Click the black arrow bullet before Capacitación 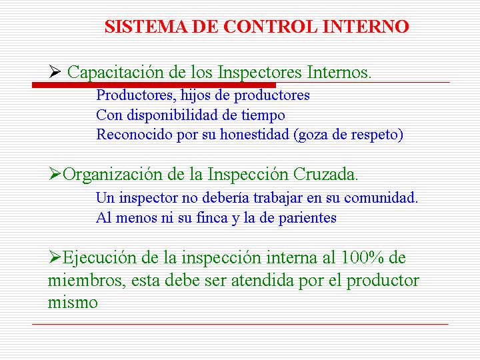55,71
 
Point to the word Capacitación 115,73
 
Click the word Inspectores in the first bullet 259,73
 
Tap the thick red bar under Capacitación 154,85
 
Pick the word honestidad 255,134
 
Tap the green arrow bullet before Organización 55,174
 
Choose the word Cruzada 325,174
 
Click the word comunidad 381,197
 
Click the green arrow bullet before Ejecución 55,257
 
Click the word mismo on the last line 73,303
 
